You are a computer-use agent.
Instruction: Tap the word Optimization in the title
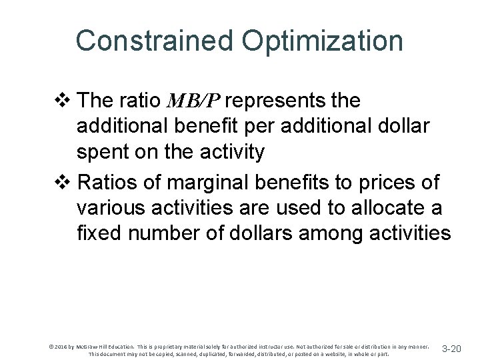pyautogui.click(x=323, y=41)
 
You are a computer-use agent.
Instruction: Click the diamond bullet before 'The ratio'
pyautogui.click(x=65, y=101)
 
